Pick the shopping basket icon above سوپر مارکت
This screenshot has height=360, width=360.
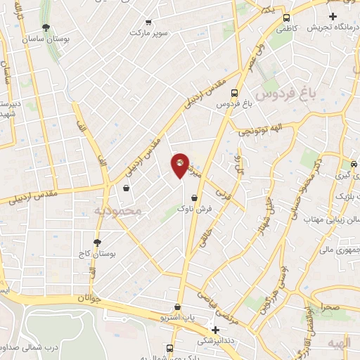point(148,21)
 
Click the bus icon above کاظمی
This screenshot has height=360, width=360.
point(286,18)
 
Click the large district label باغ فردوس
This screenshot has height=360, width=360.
point(285,92)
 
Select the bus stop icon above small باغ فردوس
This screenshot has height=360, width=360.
point(234,93)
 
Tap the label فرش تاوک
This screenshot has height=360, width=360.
point(192,210)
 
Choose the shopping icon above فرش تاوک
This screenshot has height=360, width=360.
point(193,198)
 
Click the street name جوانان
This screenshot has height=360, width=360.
point(91,298)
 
